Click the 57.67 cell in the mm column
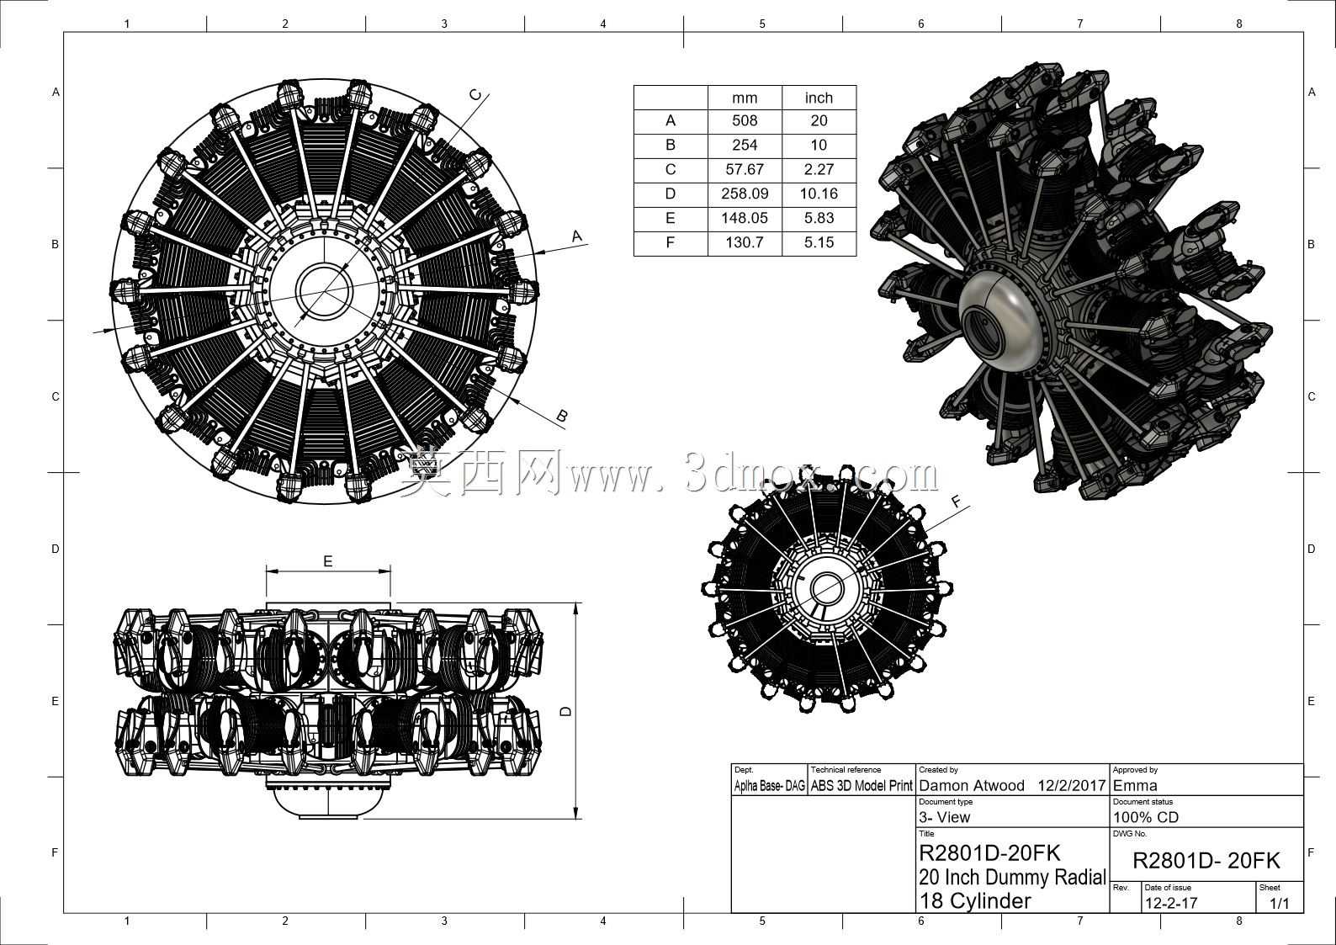pos(745,170)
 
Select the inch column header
pos(819,98)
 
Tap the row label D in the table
pos(671,194)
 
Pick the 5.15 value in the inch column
pos(819,243)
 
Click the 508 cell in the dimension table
pos(745,121)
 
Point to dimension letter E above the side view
pos(328,561)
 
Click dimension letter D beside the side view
pos(566,710)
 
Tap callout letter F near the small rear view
pos(957,502)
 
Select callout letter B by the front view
pos(561,417)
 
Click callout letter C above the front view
pos(476,94)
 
